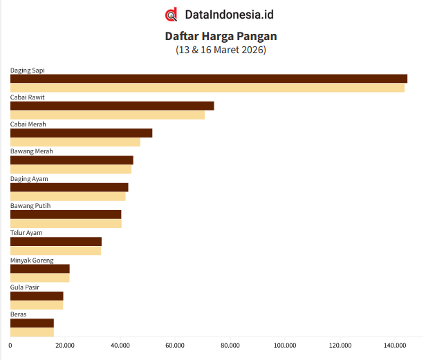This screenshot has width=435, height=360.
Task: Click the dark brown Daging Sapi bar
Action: click(x=208, y=79)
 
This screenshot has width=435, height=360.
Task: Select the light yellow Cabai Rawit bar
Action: click(x=107, y=115)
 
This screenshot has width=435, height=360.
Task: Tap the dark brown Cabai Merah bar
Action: click(x=81, y=133)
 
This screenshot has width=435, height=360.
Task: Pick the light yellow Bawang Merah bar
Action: click(x=71, y=169)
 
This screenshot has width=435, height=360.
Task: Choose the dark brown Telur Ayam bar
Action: click(x=56, y=241)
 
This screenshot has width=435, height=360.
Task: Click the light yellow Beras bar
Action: click(x=32, y=332)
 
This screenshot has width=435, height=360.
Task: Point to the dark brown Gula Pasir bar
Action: click(x=37, y=296)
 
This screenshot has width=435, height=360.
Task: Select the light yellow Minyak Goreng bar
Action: click(x=40, y=278)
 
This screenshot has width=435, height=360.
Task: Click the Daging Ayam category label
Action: click(x=29, y=178)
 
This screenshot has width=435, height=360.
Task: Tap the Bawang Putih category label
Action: click(x=30, y=205)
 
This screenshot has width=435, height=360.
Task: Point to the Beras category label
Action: click(x=18, y=314)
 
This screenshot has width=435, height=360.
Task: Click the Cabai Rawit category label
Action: click(x=28, y=97)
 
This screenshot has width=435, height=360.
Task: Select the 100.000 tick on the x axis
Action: click(x=285, y=345)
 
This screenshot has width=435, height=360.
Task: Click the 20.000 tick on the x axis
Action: click(x=65, y=345)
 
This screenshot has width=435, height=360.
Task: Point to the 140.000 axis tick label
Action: click(x=395, y=345)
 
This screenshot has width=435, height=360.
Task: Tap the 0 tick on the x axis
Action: click(x=10, y=345)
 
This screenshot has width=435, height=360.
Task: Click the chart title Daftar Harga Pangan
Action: click(x=221, y=36)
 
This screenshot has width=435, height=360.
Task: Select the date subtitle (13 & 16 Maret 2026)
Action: click(x=221, y=50)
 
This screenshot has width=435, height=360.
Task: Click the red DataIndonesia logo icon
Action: click(x=171, y=15)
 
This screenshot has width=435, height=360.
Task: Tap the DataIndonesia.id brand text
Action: click(x=229, y=15)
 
